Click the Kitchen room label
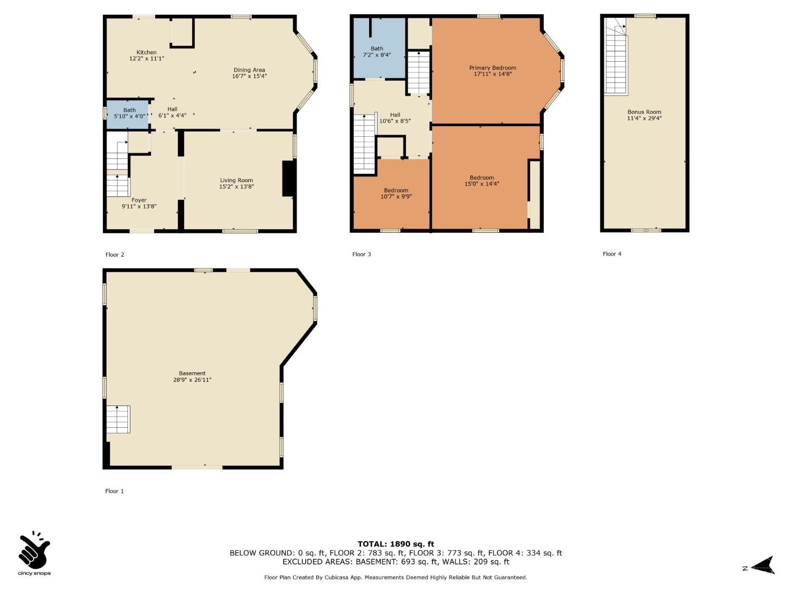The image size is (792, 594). pyautogui.click(x=146, y=52)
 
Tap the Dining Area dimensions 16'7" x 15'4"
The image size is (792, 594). pyautogui.click(x=249, y=76)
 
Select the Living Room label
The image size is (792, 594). pyautogui.click(x=237, y=181)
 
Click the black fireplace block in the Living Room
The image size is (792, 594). pyautogui.click(x=289, y=178)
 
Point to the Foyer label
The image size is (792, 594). pyautogui.click(x=139, y=200)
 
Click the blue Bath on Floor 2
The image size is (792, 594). pyautogui.click(x=128, y=115)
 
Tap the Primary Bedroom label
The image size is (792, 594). pyautogui.click(x=493, y=68)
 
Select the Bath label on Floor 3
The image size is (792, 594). pyautogui.click(x=376, y=49)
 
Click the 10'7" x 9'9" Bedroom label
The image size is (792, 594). pyautogui.click(x=396, y=193)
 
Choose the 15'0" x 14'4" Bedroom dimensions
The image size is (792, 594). pyautogui.click(x=482, y=184)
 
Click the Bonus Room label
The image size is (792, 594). pyautogui.click(x=644, y=112)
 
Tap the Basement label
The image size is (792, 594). pyautogui.click(x=192, y=373)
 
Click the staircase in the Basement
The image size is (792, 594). pyautogui.click(x=118, y=419)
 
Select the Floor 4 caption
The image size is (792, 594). pyautogui.click(x=612, y=254)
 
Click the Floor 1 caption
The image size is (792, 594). pyautogui.click(x=115, y=491)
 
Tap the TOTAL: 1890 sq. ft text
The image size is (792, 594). pyautogui.click(x=396, y=544)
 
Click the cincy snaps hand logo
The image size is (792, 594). pyautogui.click(x=34, y=550)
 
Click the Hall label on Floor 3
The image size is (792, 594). pyautogui.click(x=395, y=115)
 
